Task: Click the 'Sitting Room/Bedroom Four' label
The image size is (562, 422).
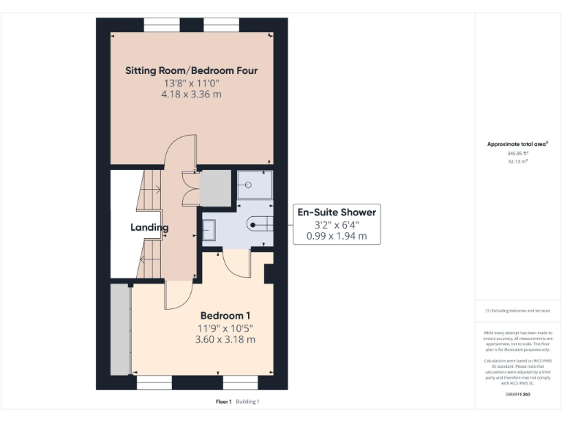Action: click(191, 71)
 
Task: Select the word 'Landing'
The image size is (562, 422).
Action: click(149, 227)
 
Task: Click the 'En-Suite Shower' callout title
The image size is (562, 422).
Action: click(336, 212)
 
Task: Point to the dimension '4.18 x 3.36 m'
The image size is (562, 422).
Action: click(191, 95)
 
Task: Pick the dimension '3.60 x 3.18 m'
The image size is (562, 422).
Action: click(225, 339)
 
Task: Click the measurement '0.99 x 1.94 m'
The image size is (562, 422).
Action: click(336, 237)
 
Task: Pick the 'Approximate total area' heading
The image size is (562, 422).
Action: click(517, 144)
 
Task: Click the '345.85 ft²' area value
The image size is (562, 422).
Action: click(517, 154)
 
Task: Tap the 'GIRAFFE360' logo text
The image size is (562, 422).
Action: click(517, 394)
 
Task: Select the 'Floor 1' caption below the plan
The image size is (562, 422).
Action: click(223, 401)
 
